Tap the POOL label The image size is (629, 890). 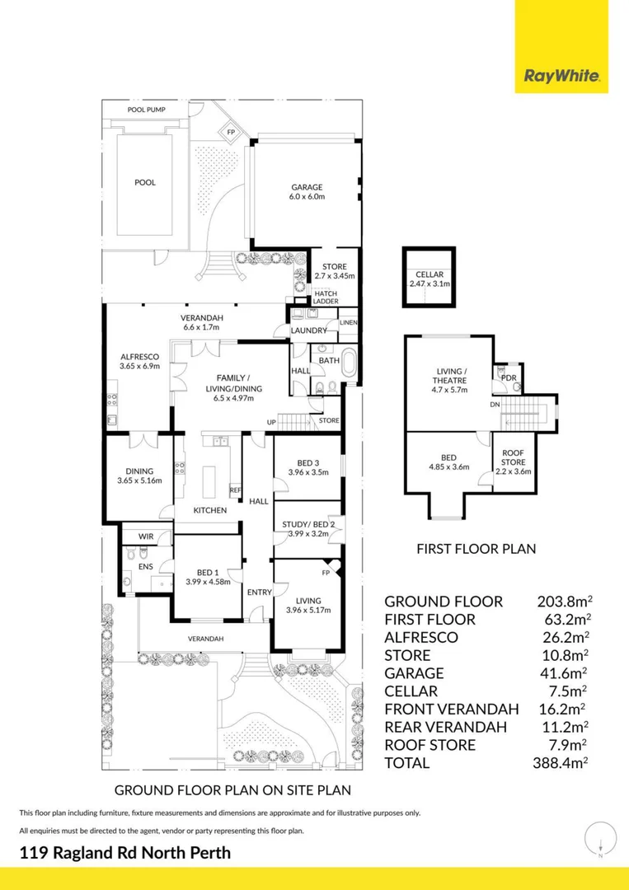click(145, 183)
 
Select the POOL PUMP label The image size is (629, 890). click(146, 109)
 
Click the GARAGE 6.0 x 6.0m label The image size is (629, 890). click(306, 192)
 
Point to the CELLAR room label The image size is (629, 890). click(429, 279)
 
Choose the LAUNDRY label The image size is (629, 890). click(308, 330)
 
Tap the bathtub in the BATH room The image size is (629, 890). click(349, 364)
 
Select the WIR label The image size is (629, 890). click(145, 536)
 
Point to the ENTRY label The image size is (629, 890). click(259, 592)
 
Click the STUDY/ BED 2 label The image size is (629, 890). click(307, 528)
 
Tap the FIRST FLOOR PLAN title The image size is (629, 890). click(476, 547)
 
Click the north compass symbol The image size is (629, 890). click(600, 841)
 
